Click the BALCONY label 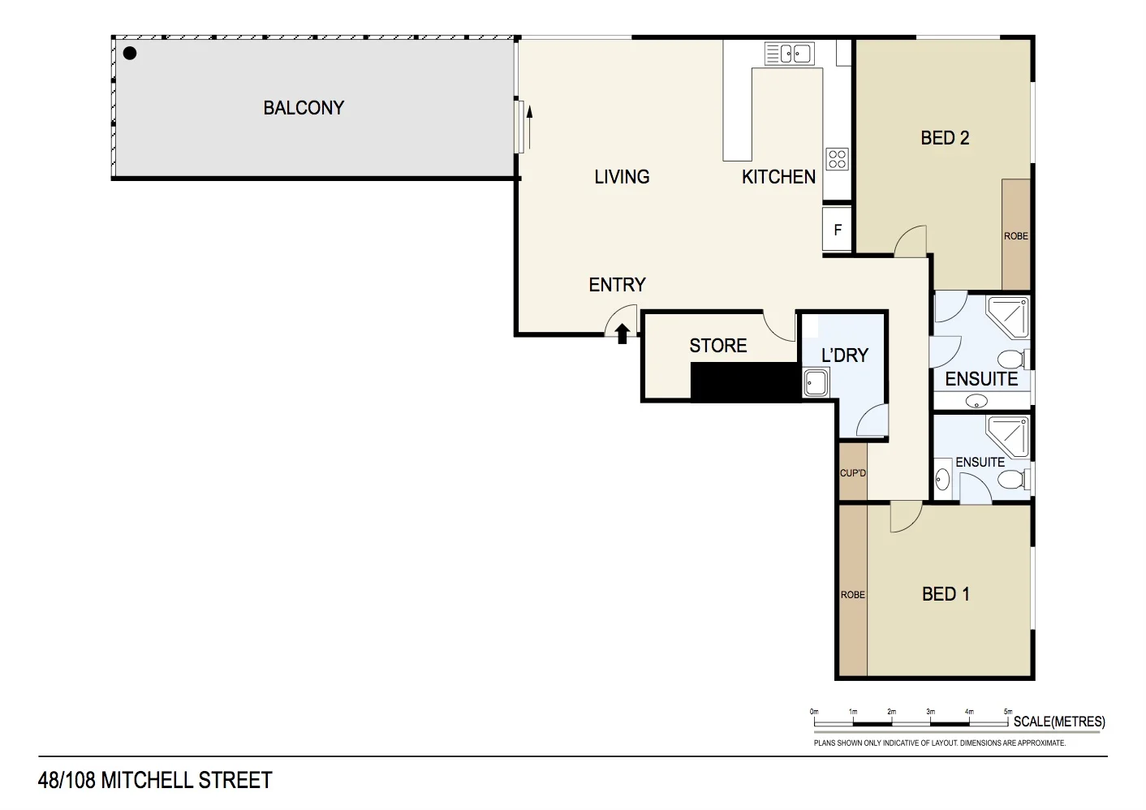304,108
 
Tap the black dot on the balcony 130,54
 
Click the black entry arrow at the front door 623,333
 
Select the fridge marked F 838,230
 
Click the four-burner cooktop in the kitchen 837,158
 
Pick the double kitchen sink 789,54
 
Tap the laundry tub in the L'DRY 816,382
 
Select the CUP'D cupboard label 853,473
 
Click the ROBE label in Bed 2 1015,236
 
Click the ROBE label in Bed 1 853,595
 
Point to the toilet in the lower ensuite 1011,479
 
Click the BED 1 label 946,594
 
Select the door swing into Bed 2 912,242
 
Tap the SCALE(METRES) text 1059,722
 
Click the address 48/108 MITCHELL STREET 155,780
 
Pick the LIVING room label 622,177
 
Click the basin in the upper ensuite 977,401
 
